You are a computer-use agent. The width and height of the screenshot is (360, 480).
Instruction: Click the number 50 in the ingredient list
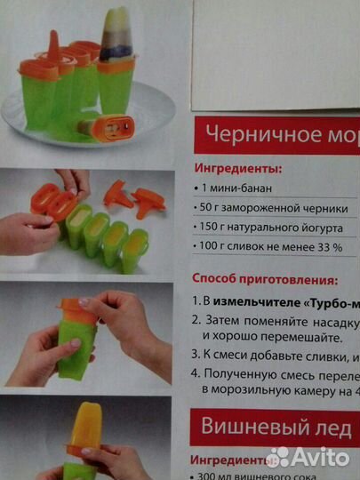tap(210, 208)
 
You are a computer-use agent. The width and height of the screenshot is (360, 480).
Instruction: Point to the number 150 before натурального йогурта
tap(213, 228)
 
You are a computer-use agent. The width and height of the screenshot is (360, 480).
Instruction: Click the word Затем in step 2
tap(229, 320)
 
